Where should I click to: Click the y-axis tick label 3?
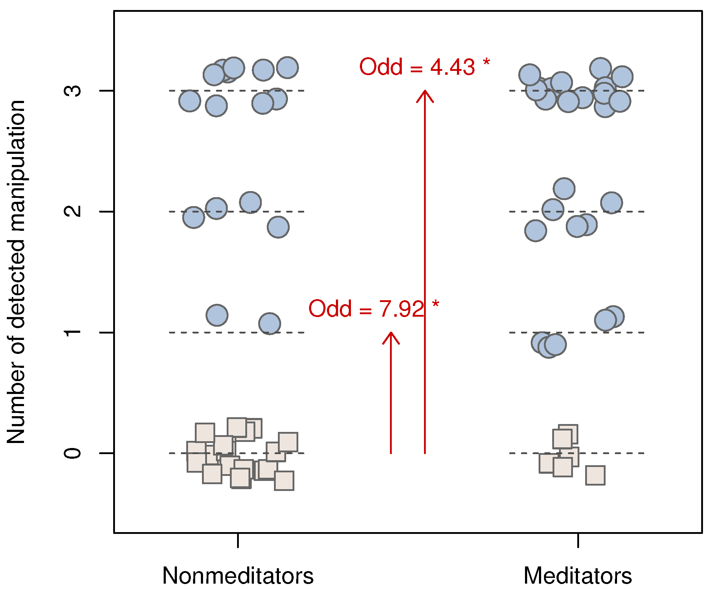73,91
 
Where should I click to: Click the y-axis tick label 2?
73,211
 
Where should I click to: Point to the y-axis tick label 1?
73,332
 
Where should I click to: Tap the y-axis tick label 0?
73,453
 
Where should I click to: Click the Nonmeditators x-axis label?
238,576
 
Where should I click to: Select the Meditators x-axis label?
578,576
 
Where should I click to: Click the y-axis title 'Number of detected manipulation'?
16,272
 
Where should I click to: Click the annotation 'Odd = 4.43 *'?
424,67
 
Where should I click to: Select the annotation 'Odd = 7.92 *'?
374,308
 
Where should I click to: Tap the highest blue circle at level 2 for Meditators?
564,189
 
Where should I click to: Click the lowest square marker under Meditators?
595,475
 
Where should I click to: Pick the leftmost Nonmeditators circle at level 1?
217,315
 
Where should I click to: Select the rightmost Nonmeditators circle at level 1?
270,323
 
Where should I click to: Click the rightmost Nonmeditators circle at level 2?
278,227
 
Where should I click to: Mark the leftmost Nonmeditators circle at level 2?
194,217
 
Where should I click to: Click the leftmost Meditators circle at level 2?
536,231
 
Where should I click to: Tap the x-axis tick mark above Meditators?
578,540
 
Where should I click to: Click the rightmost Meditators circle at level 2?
612,203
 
